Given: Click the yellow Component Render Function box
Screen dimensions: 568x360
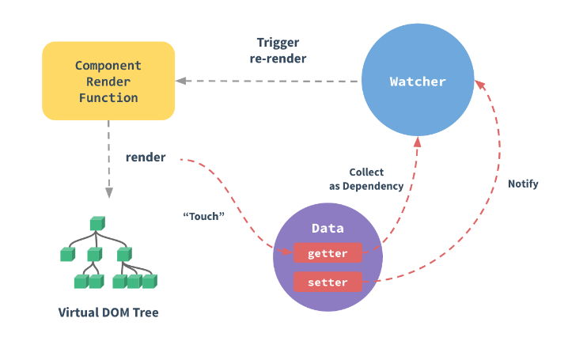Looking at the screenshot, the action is pos(108,81).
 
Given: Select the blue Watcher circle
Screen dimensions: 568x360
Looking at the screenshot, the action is pos(418,80).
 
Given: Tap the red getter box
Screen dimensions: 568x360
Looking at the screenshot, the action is pos(328,253).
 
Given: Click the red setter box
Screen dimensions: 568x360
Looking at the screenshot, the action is pos(328,282).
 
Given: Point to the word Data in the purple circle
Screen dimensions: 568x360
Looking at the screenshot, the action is pos(328,228).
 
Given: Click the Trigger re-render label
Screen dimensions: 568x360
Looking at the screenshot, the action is pos(278,51).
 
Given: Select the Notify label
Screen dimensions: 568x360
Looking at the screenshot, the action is pos(523,184).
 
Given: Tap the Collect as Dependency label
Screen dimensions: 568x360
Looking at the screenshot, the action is pos(366,179).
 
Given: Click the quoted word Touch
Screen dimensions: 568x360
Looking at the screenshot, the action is pos(203,216).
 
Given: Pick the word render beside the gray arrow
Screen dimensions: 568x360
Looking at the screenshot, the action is pos(146,157).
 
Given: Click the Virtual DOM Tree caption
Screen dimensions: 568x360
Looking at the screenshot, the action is pos(108,313).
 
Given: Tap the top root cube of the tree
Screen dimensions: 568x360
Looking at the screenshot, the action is pos(97,223).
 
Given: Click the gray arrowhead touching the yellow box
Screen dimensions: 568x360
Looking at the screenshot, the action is pos(180,81).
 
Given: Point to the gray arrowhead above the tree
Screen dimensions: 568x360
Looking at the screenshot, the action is pos(108,193).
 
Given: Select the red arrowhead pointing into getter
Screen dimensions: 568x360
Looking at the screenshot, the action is pos(287,251).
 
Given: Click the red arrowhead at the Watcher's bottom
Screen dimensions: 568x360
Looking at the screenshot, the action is pos(418,142).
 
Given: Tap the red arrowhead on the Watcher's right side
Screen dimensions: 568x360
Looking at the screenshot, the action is pos(479,85).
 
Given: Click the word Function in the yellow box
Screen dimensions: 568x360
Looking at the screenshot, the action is pos(108,98).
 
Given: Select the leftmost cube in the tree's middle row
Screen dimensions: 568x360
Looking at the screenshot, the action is pos(68,254).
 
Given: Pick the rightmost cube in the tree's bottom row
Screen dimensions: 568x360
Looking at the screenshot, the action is pos(150,282).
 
